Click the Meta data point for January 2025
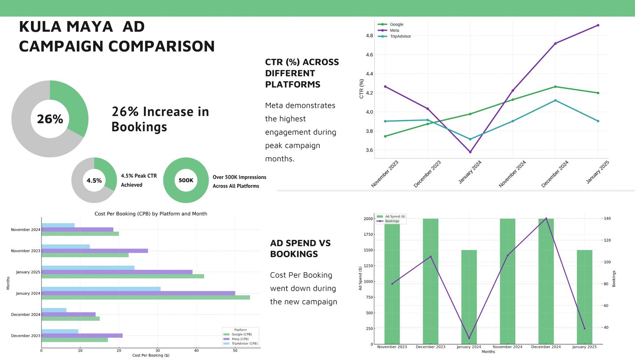click(x=598, y=25)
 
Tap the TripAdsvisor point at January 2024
click(x=470, y=139)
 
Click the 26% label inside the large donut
click(x=50, y=119)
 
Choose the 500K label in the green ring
click(x=186, y=180)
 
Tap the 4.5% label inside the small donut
click(x=94, y=181)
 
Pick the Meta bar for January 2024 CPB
click(x=138, y=293)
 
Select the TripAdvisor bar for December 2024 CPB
click(x=54, y=310)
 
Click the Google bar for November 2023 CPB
click(x=85, y=255)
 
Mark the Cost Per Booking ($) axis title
click(x=150, y=355)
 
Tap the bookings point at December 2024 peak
click(x=546, y=219)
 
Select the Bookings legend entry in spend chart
click(x=392, y=221)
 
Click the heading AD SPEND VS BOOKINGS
click(x=300, y=249)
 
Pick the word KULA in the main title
click(x=40, y=27)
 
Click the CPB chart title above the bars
click(x=151, y=214)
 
